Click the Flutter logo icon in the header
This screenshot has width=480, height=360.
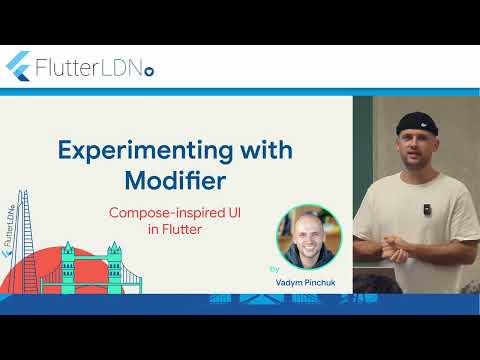(17, 66)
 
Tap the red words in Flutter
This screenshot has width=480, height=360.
(177, 229)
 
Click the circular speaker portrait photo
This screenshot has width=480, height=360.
(308, 236)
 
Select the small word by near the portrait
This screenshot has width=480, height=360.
(274, 269)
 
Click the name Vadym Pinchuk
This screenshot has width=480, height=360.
(308, 283)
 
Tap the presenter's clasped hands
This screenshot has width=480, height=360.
(391, 246)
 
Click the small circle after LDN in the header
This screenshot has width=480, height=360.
(150, 72)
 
